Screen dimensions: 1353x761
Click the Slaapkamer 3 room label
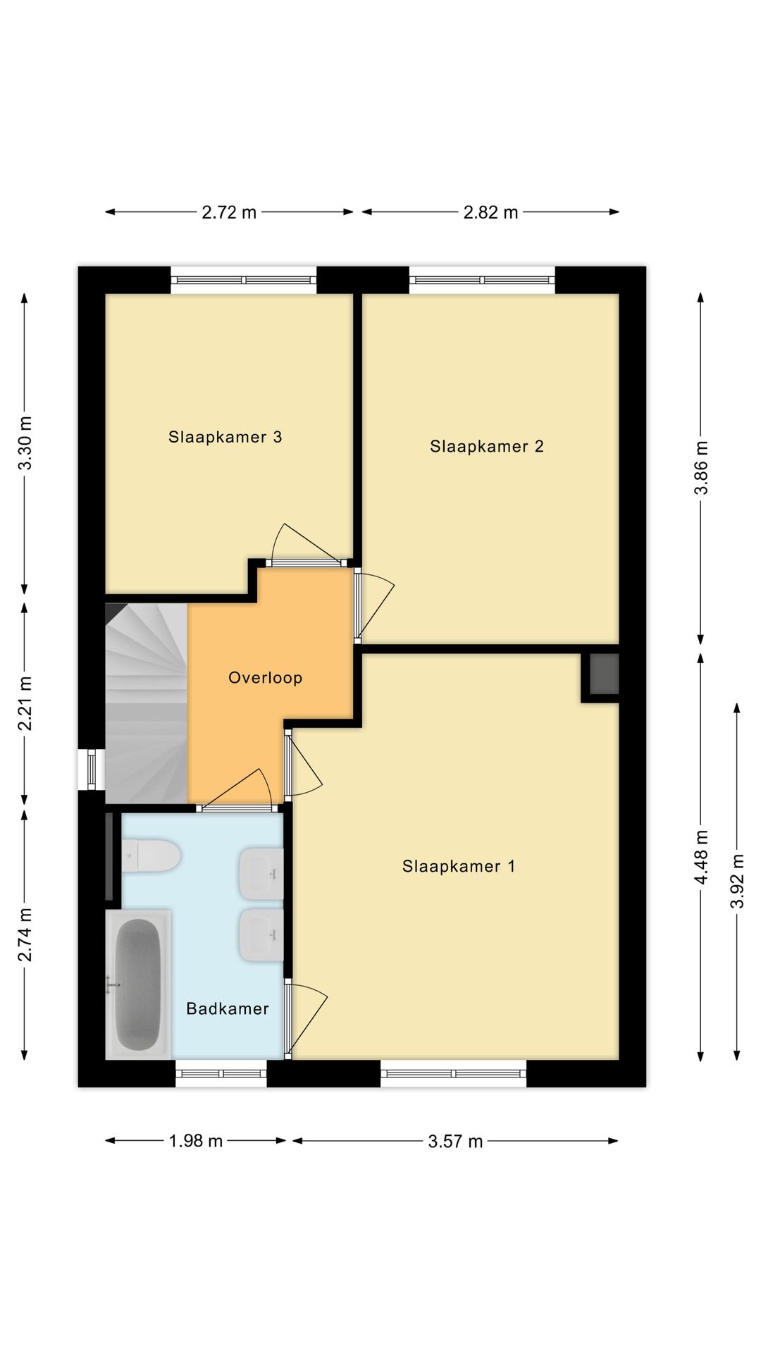click(x=225, y=437)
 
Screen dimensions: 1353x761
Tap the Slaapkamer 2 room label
click(x=486, y=446)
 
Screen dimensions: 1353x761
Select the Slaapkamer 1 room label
click(x=459, y=866)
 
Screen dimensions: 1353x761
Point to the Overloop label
click(x=265, y=678)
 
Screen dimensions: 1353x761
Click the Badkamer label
click(x=227, y=1008)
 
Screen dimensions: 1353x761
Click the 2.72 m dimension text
click(x=229, y=212)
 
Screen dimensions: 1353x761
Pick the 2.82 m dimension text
click(x=490, y=212)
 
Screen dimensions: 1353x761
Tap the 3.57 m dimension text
click(x=455, y=1141)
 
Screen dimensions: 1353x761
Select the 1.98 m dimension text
click(x=195, y=1140)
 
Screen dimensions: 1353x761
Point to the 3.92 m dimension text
click(x=737, y=881)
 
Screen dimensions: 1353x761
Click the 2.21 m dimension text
click(x=25, y=703)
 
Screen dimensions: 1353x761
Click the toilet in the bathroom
click(x=151, y=855)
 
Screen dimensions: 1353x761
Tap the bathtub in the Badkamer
click(x=138, y=983)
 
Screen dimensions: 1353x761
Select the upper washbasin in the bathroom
click(x=261, y=874)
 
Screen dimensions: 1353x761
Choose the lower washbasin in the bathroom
click(x=261, y=935)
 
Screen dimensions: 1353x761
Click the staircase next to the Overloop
click(x=145, y=703)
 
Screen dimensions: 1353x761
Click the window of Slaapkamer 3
click(x=243, y=280)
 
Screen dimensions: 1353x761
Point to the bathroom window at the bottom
click(x=221, y=1073)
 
